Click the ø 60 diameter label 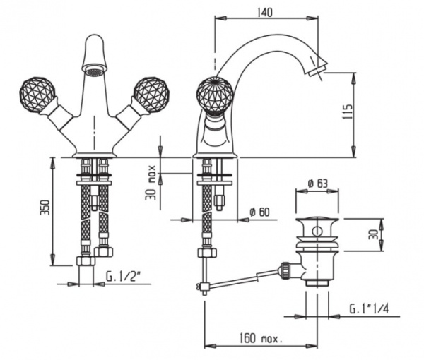pyautogui.click(x=261, y=210)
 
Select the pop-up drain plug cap pyautogui.click(x=317, y=228)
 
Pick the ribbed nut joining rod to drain pyautogui.click(x=285, y=268)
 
